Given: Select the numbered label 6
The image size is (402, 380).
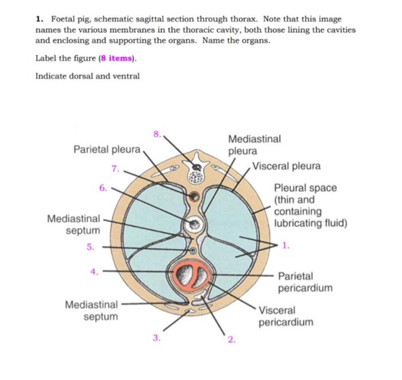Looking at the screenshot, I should (x=103, y=187).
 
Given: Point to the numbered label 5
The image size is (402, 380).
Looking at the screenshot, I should (x=91, y=246).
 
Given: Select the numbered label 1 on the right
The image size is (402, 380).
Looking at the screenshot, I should (x=286, y=246).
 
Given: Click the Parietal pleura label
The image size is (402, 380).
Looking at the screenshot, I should (x=107, y=150).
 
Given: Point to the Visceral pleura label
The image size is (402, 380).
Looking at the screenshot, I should (x=287, y=166).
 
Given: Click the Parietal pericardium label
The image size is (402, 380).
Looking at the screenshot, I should (x=305, y=281).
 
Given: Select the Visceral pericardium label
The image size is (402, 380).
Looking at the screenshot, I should (x=285, y=316).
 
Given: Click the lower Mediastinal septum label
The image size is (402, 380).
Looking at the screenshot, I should (x=92, y=310).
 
